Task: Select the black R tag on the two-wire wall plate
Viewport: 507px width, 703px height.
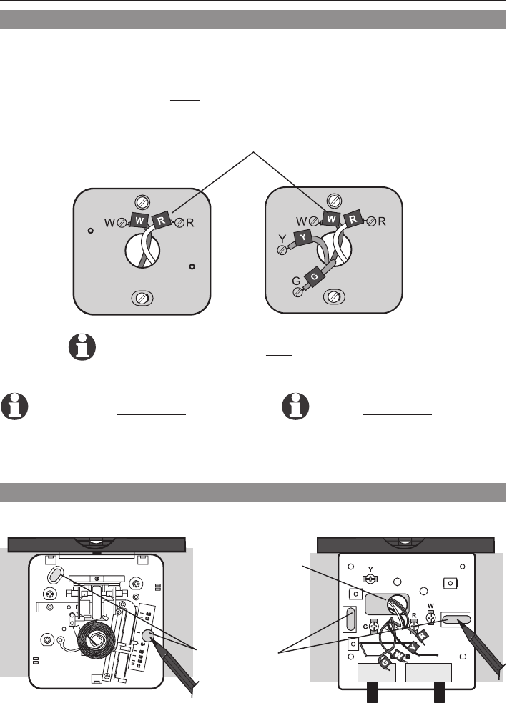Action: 162,221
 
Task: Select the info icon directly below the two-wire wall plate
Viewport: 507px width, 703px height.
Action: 81,348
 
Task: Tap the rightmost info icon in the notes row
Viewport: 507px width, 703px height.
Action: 295,405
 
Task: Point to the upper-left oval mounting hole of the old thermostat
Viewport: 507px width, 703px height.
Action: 55,576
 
